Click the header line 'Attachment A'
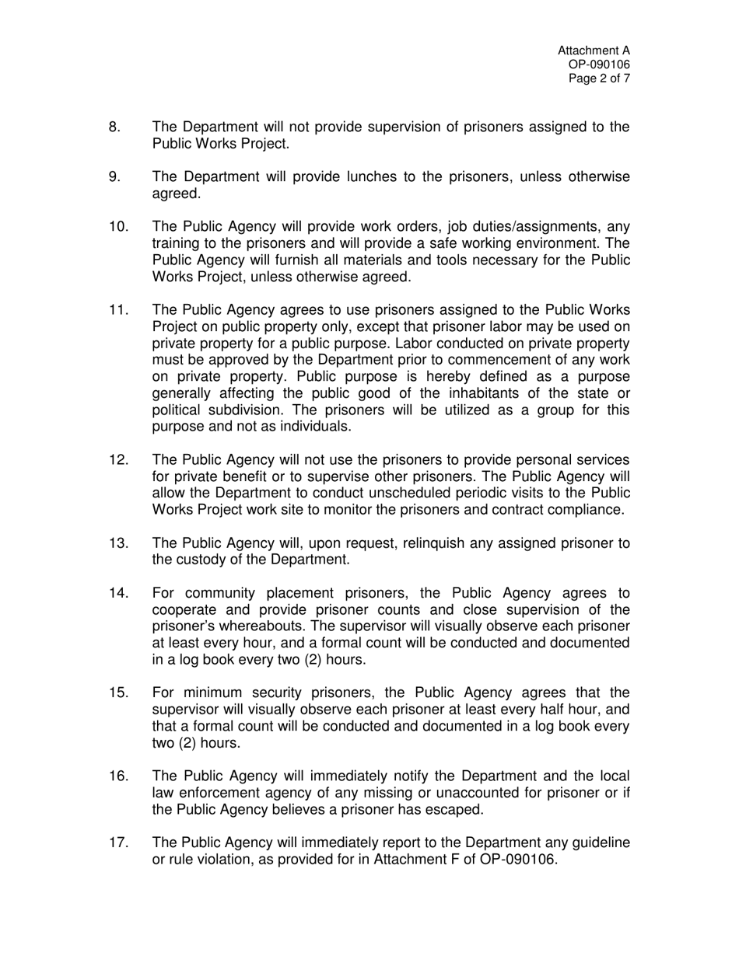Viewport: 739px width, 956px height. [x=594, y=51]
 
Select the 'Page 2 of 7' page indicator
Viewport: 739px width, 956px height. [x=599, y=79]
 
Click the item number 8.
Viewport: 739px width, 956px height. [x=114, y=127]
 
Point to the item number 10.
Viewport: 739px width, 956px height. [x=118, y=226]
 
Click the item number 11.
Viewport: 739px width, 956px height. [x=118, y=310]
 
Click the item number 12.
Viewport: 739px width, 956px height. [x=118, y=459]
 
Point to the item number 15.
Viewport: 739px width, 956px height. [x=118, y=693]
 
